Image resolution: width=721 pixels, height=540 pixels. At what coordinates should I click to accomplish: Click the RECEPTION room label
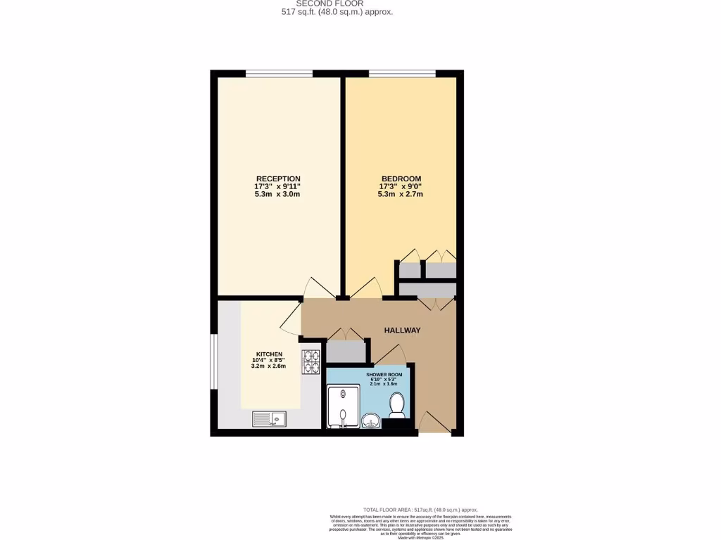coord(278,179)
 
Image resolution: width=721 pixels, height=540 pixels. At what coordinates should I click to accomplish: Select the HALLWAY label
coord(402,330)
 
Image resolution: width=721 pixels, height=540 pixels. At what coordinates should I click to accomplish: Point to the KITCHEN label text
coord(269,354)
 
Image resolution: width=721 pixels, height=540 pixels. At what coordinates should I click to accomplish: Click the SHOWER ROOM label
coord(384,375)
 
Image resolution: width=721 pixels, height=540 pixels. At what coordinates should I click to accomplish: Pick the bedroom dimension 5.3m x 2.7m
coord(401,194)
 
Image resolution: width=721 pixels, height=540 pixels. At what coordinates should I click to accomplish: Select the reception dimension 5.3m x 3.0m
coord(278,194)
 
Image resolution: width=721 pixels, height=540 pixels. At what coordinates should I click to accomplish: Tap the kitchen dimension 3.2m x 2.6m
coord(269,366)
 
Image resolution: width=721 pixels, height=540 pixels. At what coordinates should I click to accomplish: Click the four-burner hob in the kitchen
coord(311,361)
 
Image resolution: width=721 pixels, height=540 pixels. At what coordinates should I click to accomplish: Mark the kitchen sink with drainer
coord(270,420)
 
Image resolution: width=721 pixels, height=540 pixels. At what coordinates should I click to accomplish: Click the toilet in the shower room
coord(396,404)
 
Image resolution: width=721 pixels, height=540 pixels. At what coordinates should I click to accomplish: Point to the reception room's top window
coord(279,73)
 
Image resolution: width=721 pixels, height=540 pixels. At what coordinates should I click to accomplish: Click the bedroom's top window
coord(402,73)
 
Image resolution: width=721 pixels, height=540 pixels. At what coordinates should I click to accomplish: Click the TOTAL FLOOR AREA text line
coord(420,510)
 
